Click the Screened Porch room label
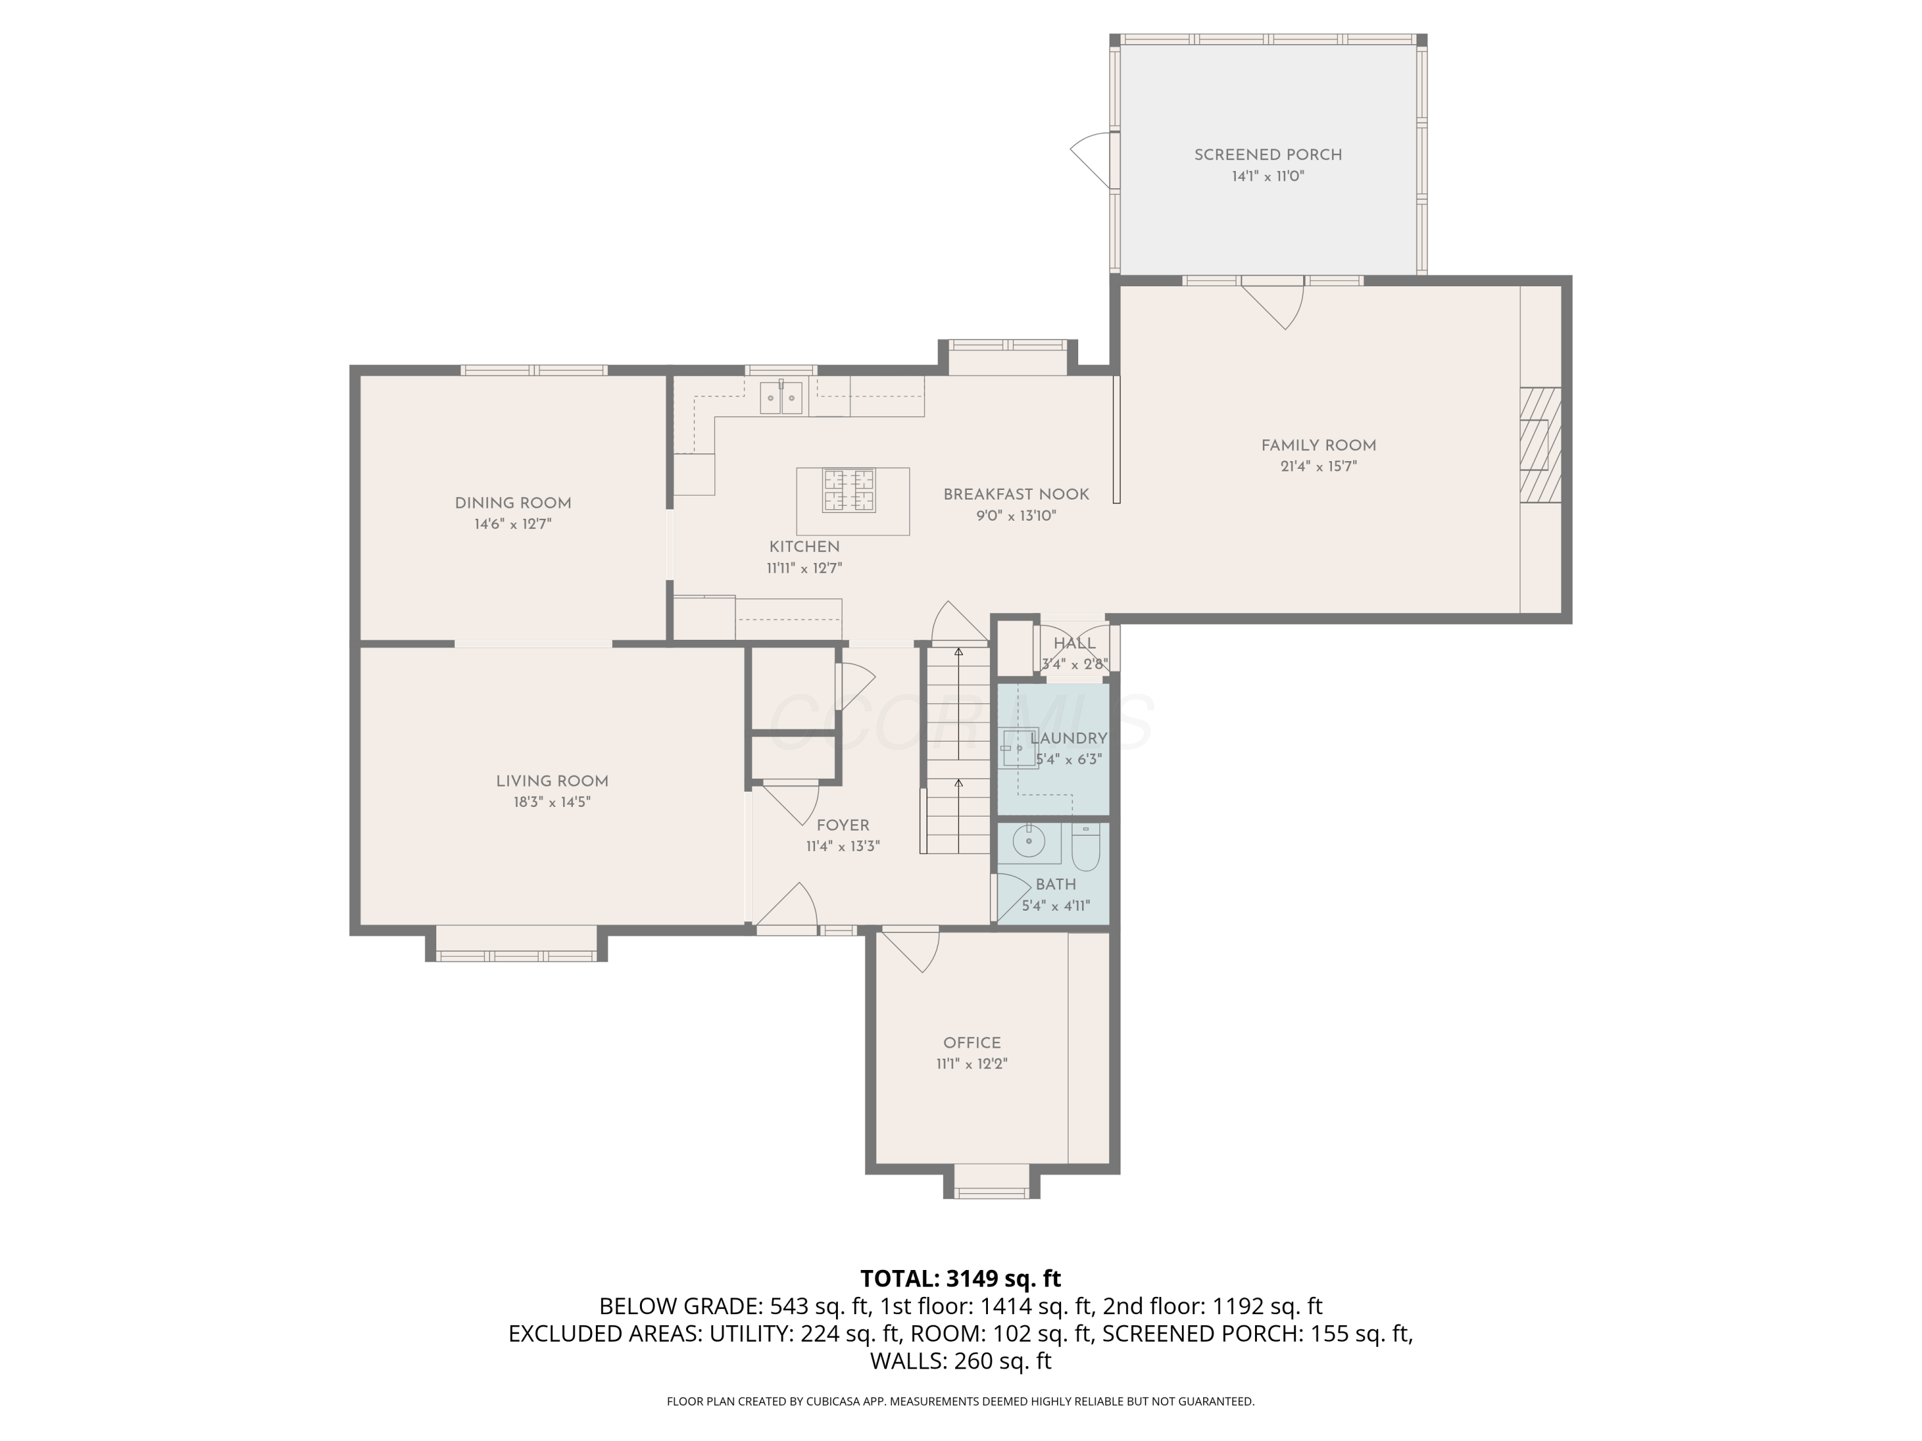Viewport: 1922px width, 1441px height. tap(1268, 154)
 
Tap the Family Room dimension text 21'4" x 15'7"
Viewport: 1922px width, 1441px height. tap(1318, 466)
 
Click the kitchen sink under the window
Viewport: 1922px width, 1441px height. tap(781, 397)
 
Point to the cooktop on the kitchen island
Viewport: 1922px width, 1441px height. tap(849, 490)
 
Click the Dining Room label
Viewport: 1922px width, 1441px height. tap(513, 503)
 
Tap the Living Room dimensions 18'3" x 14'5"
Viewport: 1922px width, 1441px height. tap(552, 802)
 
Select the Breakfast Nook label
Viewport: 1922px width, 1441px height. tap(1015, 494)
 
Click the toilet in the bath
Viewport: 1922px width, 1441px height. tap(1086, 847)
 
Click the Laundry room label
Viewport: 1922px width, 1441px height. tap(1069, 738)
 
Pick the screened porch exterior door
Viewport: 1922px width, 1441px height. tap(1091, 160)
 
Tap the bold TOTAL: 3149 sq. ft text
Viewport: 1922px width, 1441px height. tap(960, 1278)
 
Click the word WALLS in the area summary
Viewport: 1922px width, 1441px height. tap(908, 1361)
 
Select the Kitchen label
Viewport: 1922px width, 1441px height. tap(805, 547)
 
